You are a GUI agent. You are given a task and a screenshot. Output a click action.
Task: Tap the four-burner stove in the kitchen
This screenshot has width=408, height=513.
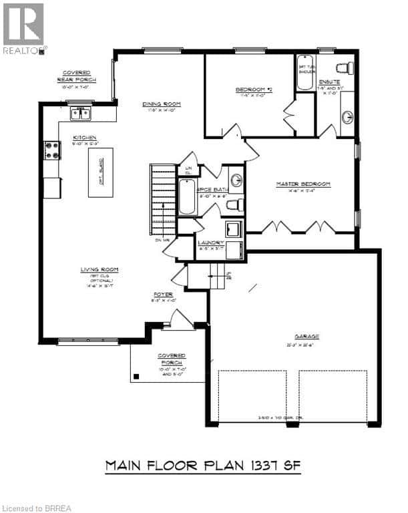pos(51,150)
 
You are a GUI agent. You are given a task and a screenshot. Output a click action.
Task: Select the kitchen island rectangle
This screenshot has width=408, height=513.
pos(101,172)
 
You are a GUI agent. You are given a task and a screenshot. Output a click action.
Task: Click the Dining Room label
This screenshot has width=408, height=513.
pos(162,104)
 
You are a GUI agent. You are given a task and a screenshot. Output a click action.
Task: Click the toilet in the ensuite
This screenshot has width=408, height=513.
pos(345,67)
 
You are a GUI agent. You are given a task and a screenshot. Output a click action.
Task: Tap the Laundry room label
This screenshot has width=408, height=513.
pos(210,243)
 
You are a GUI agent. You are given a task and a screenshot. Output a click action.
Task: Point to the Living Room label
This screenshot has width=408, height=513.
pos(99,269)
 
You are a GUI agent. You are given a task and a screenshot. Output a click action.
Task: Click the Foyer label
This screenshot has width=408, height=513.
pos(164,294)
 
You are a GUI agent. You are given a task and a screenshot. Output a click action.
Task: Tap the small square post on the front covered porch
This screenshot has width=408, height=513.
pos(137,377)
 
